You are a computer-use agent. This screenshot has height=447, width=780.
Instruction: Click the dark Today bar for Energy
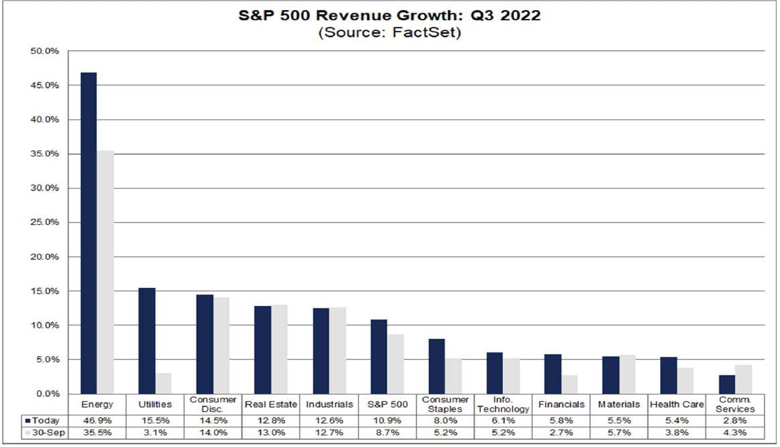(x=89, y=233)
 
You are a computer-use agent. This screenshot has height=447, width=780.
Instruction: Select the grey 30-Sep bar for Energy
(x=105, y=272)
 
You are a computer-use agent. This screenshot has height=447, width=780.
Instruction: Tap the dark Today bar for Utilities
(x=147, y=340)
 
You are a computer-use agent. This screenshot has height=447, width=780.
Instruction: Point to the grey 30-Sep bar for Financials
(x=569, y=384)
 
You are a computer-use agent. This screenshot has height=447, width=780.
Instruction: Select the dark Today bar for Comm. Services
(x=727, y=384)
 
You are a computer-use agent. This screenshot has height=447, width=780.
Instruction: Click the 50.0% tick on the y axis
(x=45, y=51)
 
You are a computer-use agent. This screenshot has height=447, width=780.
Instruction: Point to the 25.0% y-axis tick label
(x=45, y=222)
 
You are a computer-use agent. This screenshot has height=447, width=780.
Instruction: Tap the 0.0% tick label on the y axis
(x=47, y=393)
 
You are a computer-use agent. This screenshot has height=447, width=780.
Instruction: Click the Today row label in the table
(x=46, y=420)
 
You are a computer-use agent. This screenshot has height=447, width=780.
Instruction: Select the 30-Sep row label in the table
(x=46, y=433)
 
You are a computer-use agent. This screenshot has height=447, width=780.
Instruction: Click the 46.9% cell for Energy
(x=97, y=420)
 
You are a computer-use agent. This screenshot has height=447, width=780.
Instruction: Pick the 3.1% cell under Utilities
(x=155, y=433)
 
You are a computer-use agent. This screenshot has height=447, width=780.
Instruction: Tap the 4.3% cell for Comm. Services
(x=735, y=433)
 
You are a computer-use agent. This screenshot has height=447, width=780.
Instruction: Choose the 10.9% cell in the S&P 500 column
(x=387, y=420)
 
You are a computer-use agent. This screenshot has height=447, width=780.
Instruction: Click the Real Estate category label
(x=271, y=405)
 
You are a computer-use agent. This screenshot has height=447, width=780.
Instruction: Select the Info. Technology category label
(x=503, y=405)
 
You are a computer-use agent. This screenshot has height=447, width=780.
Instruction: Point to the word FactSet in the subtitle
(x=431, y=32)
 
